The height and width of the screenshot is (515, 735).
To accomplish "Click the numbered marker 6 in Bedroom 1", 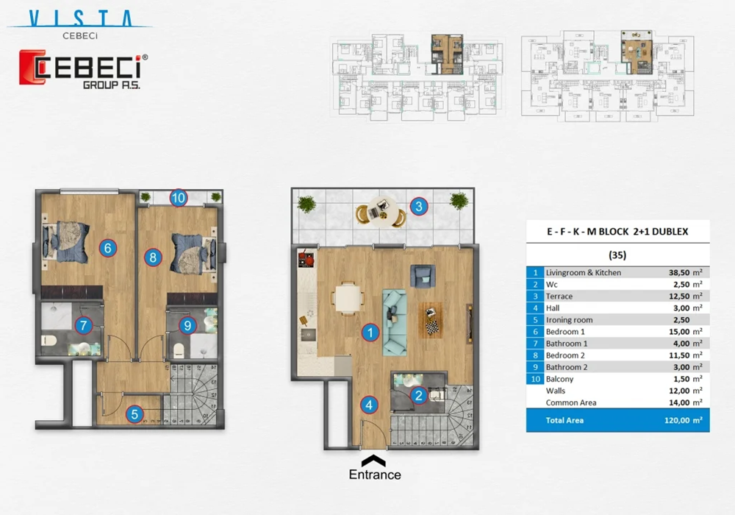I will pyautogui.click(x=107, y=249).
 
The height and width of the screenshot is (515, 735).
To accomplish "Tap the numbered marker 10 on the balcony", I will pyautogui.click(x=179, y=197).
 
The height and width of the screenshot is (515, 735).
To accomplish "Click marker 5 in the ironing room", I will pyautogui.click(x=134, y=414).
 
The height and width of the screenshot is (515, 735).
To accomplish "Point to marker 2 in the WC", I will pyautogui.click(x=418, y=396).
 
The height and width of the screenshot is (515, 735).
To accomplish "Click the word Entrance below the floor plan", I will pyautogui.click(x=375, y=475).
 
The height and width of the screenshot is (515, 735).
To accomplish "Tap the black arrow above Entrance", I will pyautogui.click(x=375, y=460).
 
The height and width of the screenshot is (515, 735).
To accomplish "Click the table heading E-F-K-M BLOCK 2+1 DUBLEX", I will pyautogui.click(x=617, y=231).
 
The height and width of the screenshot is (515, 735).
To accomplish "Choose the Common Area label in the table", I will pyautogui.click(x=571, y=402).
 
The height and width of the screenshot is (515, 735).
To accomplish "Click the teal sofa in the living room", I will pyautogui.click(x=395, y=322).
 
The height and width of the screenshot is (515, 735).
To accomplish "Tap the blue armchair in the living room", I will pyautogui.click(x=423, y=277).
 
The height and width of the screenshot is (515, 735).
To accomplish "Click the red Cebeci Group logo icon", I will pyautogui.click(x=32, y=68).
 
